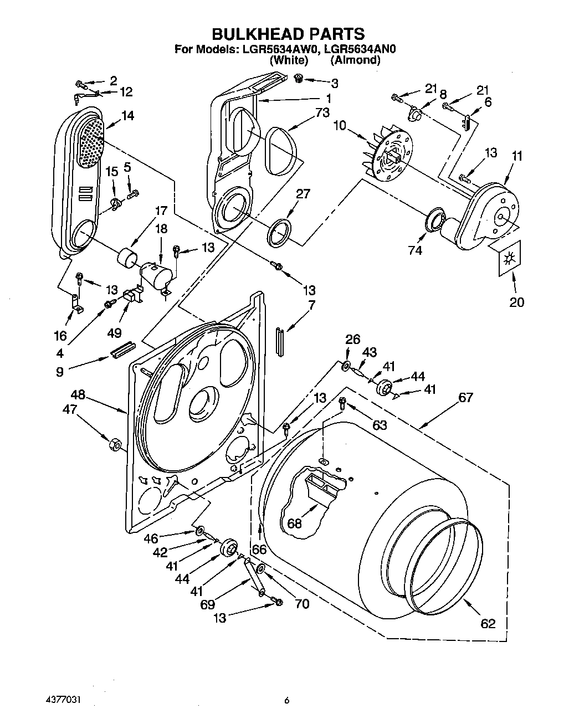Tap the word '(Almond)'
click(355, 60)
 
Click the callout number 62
click(488, 624)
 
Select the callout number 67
click(465, 398)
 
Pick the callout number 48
click(78, 395)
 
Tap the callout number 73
click(322, 112)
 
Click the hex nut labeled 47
click(115, 444)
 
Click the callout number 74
click(414, 250)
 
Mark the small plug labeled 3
click(299, 78)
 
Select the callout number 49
click(114, 333)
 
